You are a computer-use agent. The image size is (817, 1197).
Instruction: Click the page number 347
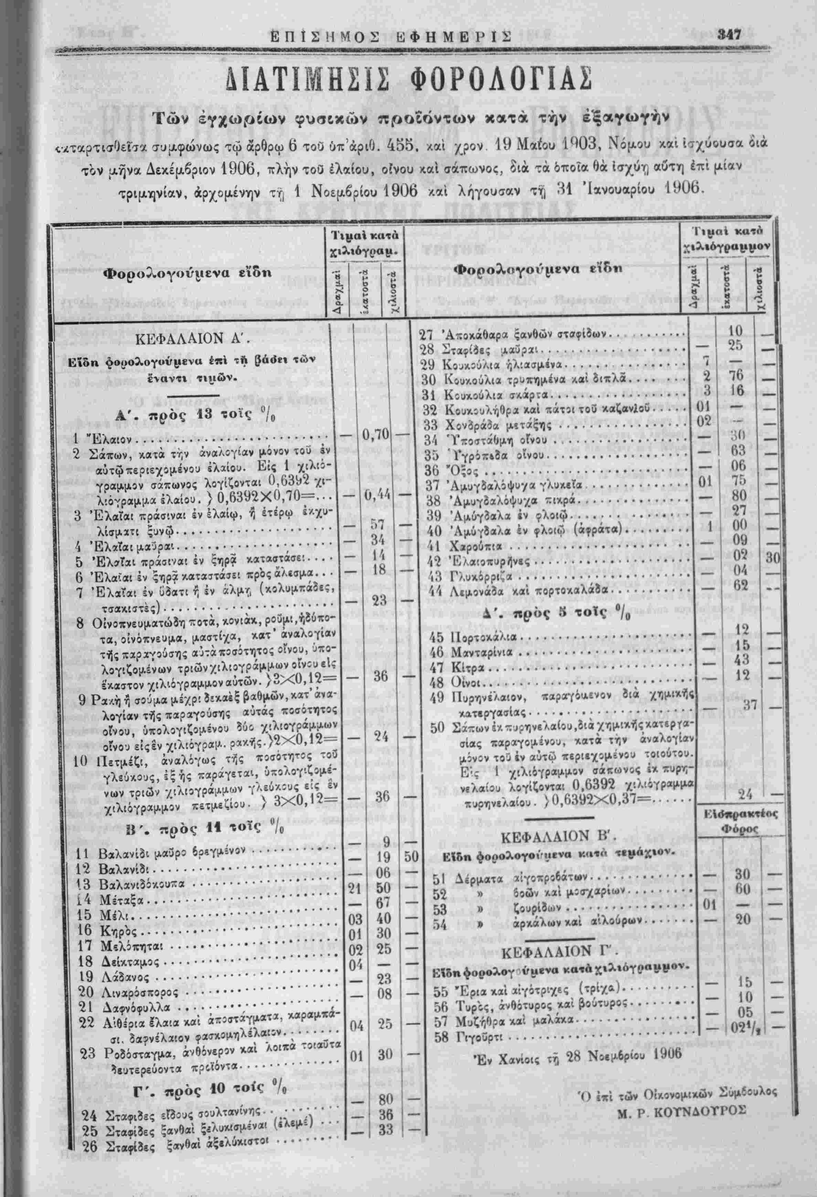(x=730, y=35)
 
